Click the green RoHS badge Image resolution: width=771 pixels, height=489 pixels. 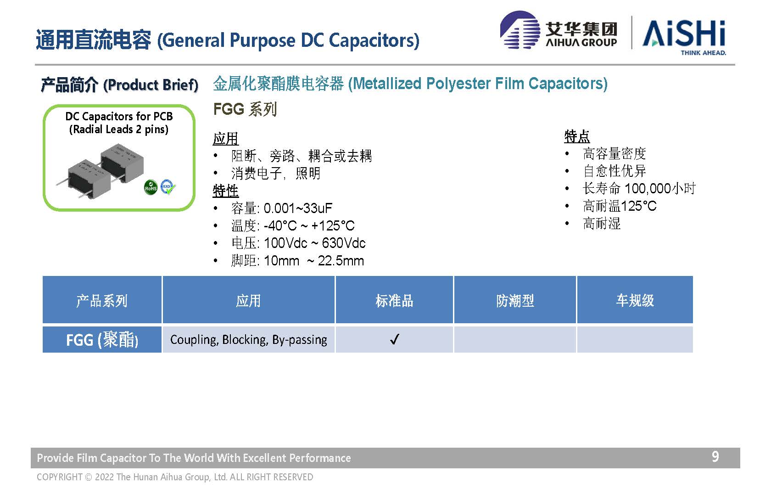[151, 187]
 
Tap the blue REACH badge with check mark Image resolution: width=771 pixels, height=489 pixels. [168, 187]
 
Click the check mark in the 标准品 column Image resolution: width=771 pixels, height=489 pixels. [395, 339]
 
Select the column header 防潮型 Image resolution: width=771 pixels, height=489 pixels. [515, 301]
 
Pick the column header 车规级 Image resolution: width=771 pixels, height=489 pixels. [635, 300]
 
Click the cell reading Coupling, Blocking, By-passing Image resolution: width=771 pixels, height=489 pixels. [249, 340]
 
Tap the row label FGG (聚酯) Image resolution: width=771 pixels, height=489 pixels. [102, 340]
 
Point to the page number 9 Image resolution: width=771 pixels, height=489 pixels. [715, 456]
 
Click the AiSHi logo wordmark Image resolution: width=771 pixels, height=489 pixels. [684, 34]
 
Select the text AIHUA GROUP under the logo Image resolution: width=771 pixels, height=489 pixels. [581, 42]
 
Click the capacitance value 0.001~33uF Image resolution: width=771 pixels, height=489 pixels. [298, 208]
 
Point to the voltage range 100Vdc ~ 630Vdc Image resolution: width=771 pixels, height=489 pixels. [315, 243]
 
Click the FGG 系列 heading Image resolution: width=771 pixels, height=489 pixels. [245, 109]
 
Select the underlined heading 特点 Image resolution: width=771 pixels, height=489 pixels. [577, 137]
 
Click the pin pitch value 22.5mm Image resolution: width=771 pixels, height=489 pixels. [341, 261]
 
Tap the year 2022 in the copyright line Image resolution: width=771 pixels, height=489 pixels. [104, 477]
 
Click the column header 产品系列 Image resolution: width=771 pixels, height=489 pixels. [102, 301]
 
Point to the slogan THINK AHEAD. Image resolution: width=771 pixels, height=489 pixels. [703, 53]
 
